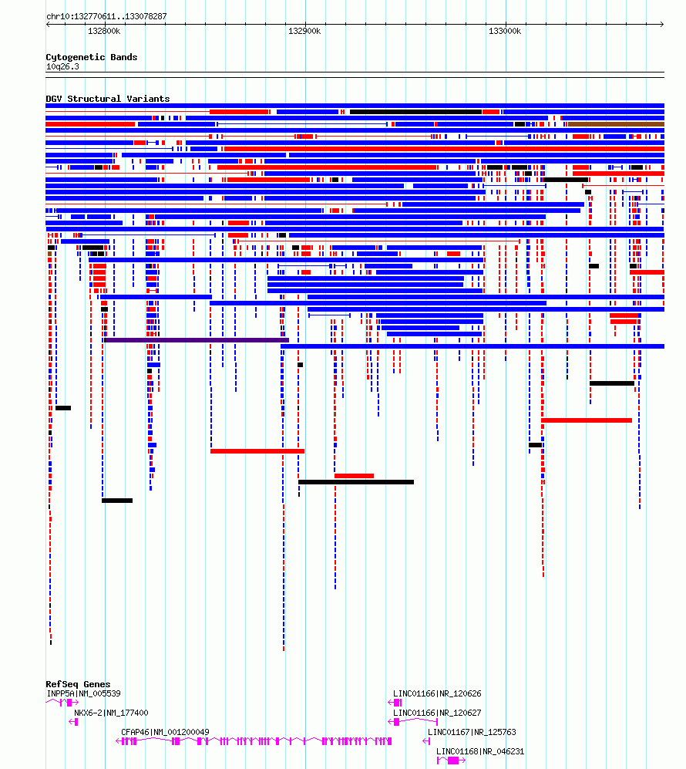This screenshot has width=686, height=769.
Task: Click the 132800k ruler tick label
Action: (x=104, y=31)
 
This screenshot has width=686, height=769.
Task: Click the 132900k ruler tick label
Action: (x=304, y=31)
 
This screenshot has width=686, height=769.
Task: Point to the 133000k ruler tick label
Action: (x=505, y=31)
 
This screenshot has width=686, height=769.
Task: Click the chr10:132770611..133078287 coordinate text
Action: (x=106, y=16)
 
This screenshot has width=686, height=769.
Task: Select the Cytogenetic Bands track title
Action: (x=92, y=57)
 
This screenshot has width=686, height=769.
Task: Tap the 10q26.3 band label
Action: (x=62, y=66)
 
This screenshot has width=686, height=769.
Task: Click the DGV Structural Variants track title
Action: (x=108, y=99)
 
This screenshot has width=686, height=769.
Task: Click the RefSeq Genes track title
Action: (x=78, y=684)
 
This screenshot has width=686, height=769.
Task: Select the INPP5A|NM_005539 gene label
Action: (x=84, y=693)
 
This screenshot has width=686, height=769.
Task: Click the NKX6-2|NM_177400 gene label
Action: (x=111, y=713)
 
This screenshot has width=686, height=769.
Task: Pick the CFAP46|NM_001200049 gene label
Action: (x=165, y=732)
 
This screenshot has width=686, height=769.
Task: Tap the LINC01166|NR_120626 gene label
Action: (x=437, y=693)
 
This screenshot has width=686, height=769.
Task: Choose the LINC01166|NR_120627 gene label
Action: (x=437, y=713)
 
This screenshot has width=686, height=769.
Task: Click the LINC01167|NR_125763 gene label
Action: (x=472, y=732)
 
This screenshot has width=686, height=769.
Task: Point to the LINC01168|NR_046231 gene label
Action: (x=480, y=751)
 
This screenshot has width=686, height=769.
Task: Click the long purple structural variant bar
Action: (x=197, y=340)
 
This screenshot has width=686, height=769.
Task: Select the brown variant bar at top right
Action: (x=616, y=125)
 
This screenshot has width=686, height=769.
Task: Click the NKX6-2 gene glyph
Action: (x=74, y=721)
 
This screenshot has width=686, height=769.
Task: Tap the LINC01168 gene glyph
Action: (x=451, y=761)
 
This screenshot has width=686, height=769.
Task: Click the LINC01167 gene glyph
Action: (x=426, y=741)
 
